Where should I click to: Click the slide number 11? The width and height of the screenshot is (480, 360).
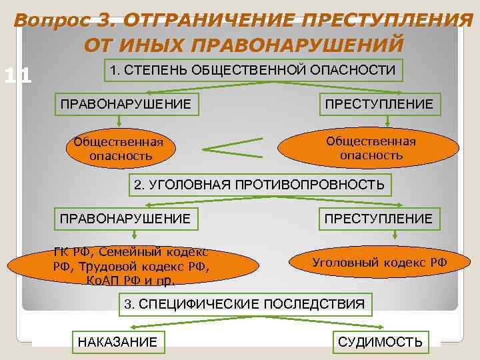coord(18,76)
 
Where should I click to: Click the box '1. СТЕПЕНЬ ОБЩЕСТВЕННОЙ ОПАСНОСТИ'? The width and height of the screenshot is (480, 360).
coord(252,69)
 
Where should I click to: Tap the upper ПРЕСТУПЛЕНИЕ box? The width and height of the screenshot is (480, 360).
coord(379,103)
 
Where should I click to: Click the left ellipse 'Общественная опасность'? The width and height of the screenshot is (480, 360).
coord(119,149)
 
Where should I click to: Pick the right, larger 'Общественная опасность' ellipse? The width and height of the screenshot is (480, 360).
coord(371,148)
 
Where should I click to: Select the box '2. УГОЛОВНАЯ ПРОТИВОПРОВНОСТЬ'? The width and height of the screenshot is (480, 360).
coord(259,185)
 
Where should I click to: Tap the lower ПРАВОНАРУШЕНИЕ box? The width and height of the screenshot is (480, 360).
coord(125,218)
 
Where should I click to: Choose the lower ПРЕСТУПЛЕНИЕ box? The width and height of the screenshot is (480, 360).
coord(378,218)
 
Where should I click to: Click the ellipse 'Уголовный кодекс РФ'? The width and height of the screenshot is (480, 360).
coord(379,262)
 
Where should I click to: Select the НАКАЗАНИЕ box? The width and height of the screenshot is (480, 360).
coord(118,342)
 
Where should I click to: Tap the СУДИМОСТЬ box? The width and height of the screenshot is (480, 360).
coord(380,342)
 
